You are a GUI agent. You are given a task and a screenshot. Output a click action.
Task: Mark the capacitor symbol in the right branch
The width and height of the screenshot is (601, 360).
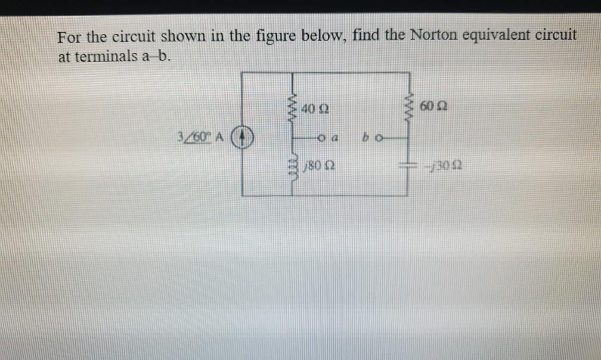click(408, 166)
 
